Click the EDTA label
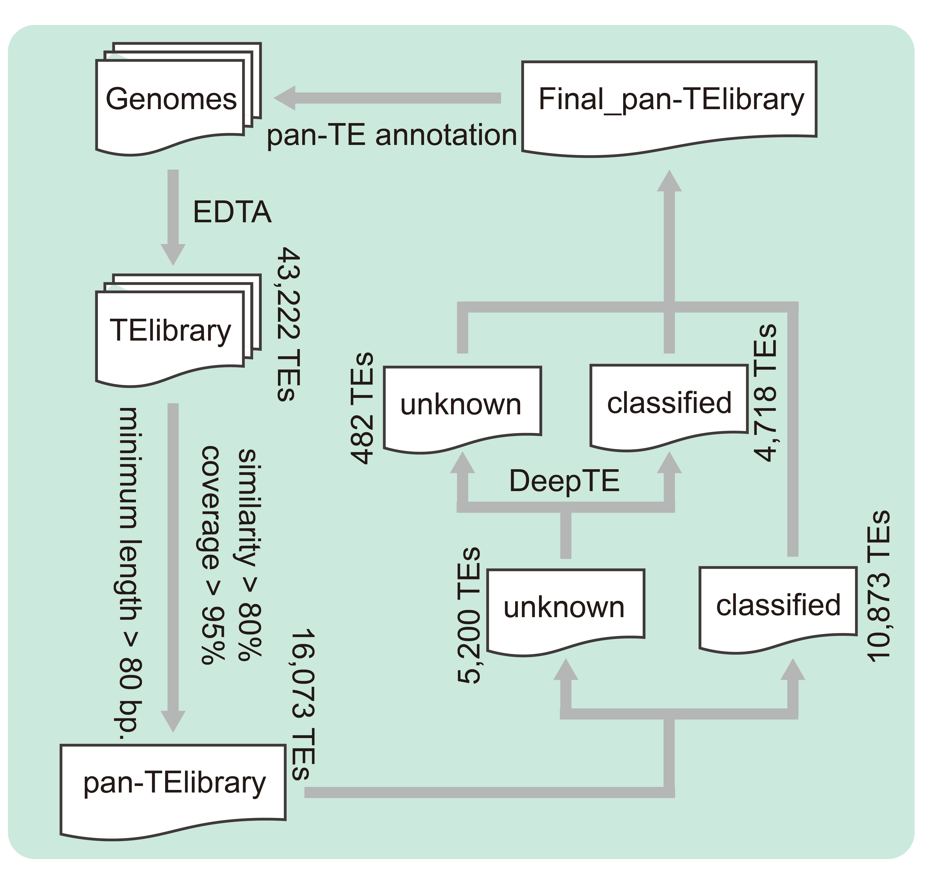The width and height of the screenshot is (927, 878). pos(232,212)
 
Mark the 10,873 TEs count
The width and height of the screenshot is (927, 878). pos(878,586)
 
